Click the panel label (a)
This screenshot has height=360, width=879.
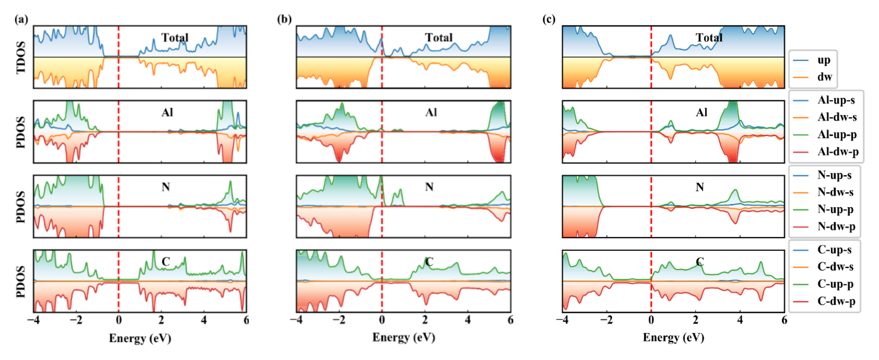pos(21,19)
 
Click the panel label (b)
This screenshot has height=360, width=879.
pos(284,19)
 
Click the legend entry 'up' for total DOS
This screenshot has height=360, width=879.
pos(824,60)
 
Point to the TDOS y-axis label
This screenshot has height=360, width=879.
pos(21,57)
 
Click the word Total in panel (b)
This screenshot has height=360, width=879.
pos(438,38)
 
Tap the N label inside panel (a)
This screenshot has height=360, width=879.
pos(166,187)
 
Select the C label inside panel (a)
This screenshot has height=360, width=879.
pos(166,262)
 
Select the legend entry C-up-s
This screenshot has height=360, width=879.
pos(834,250)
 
